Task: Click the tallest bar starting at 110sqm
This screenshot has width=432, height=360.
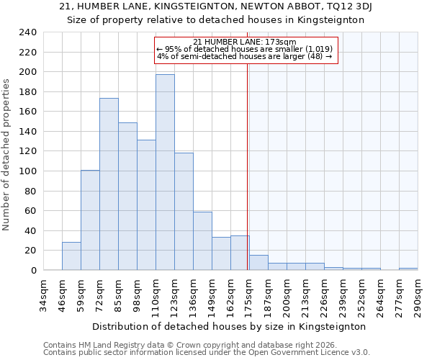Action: [165, 172]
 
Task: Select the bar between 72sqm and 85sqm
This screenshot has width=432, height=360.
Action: [109, 184]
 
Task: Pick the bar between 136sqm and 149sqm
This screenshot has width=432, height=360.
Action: [202, 241]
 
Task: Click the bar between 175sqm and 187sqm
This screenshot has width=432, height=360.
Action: [258, 263]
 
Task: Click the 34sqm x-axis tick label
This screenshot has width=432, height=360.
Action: [44, 295]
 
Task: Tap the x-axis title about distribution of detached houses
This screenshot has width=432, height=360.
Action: [230, 326]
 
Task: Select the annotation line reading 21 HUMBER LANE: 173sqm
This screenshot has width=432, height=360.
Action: [245, 42]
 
